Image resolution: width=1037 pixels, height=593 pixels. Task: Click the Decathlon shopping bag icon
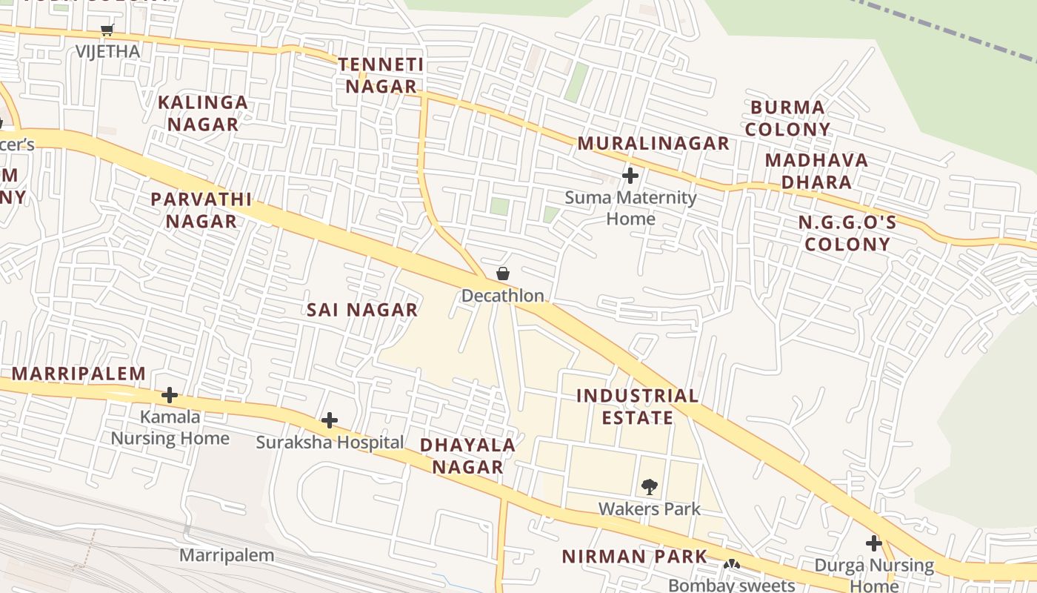click(503, 274)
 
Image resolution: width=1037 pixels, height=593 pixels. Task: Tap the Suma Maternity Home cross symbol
click(630, 176)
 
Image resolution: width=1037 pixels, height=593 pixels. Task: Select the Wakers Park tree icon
click(650, 487)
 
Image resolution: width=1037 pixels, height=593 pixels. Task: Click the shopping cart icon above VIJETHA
click(107, 30)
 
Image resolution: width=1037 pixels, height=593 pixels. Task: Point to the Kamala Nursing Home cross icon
click(170, 394)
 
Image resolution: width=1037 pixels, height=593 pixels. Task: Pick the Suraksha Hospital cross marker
click(330, 421)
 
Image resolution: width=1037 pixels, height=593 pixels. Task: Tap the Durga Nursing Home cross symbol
click(874, 543)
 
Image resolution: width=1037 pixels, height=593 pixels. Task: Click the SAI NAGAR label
click(362, 310)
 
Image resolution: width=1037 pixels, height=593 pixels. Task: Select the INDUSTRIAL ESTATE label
click(637, 406)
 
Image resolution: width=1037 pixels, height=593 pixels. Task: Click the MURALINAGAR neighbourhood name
click(653, 144)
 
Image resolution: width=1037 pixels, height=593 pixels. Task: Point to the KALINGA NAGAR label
click(202, 113)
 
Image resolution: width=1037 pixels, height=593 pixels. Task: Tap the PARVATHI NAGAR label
click(201, 210)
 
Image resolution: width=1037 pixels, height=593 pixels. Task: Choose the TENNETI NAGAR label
click(381, 76)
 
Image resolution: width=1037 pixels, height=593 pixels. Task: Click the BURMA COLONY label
click(787, 118)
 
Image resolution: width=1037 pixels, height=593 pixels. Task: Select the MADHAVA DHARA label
click(816, 170)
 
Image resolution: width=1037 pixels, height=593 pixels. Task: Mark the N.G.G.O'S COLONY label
click(847, 233)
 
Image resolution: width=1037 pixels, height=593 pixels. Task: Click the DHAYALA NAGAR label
click(467, 455)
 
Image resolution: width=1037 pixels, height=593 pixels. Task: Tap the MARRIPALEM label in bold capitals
click(79, 374)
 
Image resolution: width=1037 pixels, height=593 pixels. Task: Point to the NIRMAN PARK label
click(634, 556)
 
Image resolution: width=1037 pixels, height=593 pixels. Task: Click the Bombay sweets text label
click(731, 585)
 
